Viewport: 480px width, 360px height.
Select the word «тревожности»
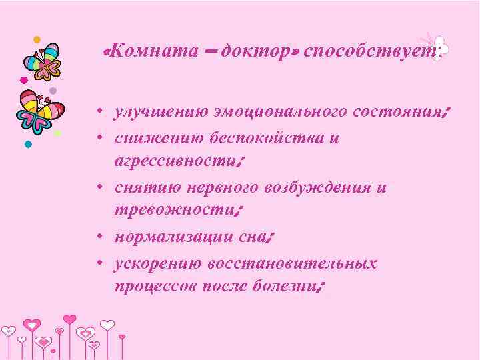pyautogui.click(x=171, y=210)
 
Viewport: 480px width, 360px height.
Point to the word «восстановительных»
pyautogui.click(x=293, y=263)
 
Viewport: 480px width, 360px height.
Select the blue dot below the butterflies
pyautogui.click(x=28, y=144)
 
